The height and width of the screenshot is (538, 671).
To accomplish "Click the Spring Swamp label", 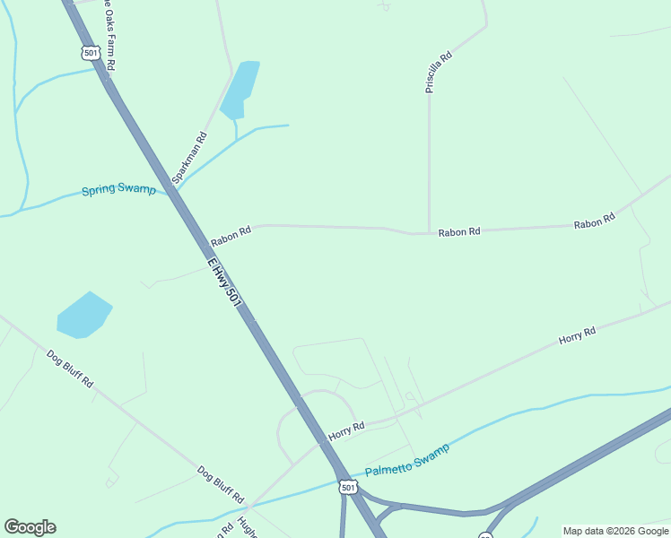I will coord(118,190).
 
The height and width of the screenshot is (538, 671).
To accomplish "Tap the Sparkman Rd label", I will coord(189,159).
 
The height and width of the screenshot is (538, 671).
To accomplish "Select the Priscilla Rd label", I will coord(439,73).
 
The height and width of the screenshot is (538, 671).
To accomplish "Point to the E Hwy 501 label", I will coord(224,284).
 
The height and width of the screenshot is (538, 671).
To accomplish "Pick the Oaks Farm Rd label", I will coord(110,36).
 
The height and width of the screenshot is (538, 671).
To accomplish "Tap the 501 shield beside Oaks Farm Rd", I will coord(90,53).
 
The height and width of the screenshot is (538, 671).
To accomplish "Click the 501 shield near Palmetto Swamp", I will coord(348,487).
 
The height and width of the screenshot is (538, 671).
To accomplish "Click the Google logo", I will coord(30,527).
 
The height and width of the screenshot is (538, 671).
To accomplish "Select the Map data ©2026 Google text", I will coord(615,531).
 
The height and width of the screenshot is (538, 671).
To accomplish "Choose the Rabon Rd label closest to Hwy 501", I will coord(231,237).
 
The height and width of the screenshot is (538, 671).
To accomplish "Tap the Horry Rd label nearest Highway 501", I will coord(346,431).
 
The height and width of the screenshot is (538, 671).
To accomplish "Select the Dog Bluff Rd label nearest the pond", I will coord(70,369).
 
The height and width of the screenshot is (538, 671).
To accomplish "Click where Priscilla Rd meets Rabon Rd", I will coord(429,232).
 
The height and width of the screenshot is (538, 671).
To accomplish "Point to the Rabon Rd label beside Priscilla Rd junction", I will coord(459,232).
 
